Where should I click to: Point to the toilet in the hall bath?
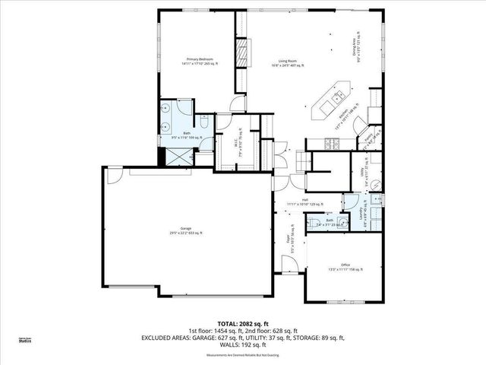(314, 222)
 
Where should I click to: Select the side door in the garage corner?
(112, 176)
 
